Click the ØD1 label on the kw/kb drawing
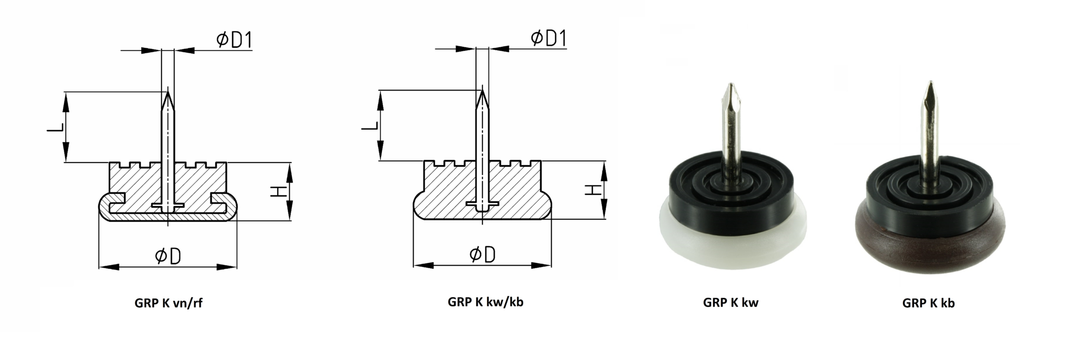click(x=549, y=38)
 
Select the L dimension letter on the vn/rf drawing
click(x=56, y=127)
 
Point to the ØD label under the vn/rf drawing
click(x=168, y=256)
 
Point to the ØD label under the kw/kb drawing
click(x=482, y=255)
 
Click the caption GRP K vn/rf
click(x=168, y=303)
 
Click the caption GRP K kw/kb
click(x=485, y=302)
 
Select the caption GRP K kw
click(x=730, y=303)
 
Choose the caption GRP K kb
click(x=928, y=303)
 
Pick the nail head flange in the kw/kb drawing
click(x=482, y=203)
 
